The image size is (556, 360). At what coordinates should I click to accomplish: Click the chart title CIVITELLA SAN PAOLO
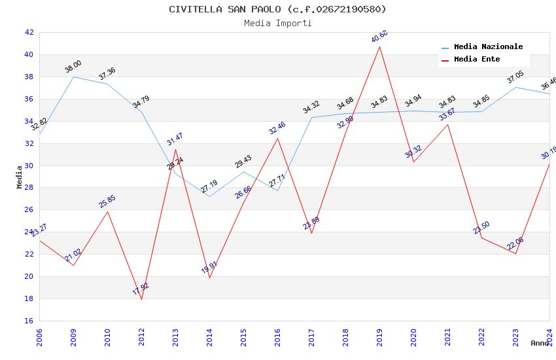[x=277, y=9]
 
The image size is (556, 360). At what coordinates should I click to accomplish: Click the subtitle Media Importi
[x=277, y=23]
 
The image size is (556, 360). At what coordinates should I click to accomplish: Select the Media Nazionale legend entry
[x=488, y=47]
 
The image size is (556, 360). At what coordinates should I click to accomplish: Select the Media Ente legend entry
[x=477, y=60]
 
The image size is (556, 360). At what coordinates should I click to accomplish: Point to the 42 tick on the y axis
[x=29, y=32]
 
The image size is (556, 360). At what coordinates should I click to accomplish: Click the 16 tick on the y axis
[x=29, y=321]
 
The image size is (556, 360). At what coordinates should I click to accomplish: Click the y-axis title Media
[x=20, y=177]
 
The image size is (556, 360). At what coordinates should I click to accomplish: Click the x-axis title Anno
[x=540, y=343]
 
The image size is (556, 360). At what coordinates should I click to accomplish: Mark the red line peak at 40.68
[x=379, y=46]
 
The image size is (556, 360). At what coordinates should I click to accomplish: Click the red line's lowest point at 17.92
[x=141, y=300]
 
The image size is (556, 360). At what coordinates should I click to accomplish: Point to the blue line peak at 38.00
[x=73, y=77]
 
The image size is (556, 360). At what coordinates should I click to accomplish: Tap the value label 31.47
[x=175, y=139]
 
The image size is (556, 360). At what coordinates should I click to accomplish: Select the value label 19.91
[x=209, y=267]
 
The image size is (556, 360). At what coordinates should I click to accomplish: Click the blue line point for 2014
[x=209, y=196]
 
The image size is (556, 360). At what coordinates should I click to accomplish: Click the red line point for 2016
[x=277, y=138]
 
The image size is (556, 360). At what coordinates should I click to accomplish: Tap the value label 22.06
[x=515, y=243]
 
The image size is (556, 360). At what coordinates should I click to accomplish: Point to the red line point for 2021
[x=447, y=124]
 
